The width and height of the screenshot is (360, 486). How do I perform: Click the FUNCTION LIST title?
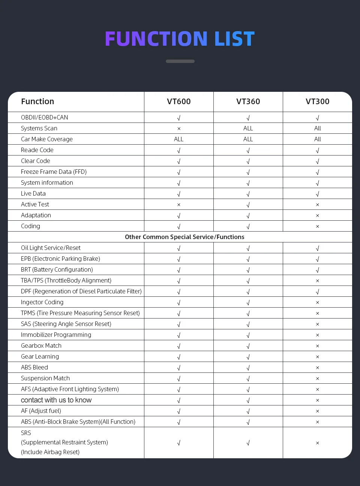180,39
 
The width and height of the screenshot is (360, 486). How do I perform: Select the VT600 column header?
179,102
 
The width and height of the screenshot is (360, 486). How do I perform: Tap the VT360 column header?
248,102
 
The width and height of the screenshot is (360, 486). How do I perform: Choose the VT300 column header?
317,102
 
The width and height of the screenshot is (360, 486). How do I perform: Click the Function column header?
37,102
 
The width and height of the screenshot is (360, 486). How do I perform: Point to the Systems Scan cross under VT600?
179,129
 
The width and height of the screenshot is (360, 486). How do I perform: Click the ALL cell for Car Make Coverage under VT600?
179,139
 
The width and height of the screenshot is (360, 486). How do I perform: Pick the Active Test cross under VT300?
317,205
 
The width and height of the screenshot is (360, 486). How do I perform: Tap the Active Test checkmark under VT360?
248,205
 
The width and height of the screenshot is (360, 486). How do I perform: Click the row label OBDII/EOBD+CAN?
45,117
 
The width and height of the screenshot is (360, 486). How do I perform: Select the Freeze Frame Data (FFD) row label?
54,172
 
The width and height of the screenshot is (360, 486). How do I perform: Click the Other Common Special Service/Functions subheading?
184,237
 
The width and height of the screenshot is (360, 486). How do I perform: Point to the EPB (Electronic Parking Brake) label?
60,259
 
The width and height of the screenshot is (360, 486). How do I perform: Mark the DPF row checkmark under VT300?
317,292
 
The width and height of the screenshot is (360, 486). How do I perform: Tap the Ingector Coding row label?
42,302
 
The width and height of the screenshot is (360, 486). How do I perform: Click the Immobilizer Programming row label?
56,335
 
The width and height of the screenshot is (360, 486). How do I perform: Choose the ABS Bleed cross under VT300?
317,368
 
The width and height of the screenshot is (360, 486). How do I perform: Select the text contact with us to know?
56,400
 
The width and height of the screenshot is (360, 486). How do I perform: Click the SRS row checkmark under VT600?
179,443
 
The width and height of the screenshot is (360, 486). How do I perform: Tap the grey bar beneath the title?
180,61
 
